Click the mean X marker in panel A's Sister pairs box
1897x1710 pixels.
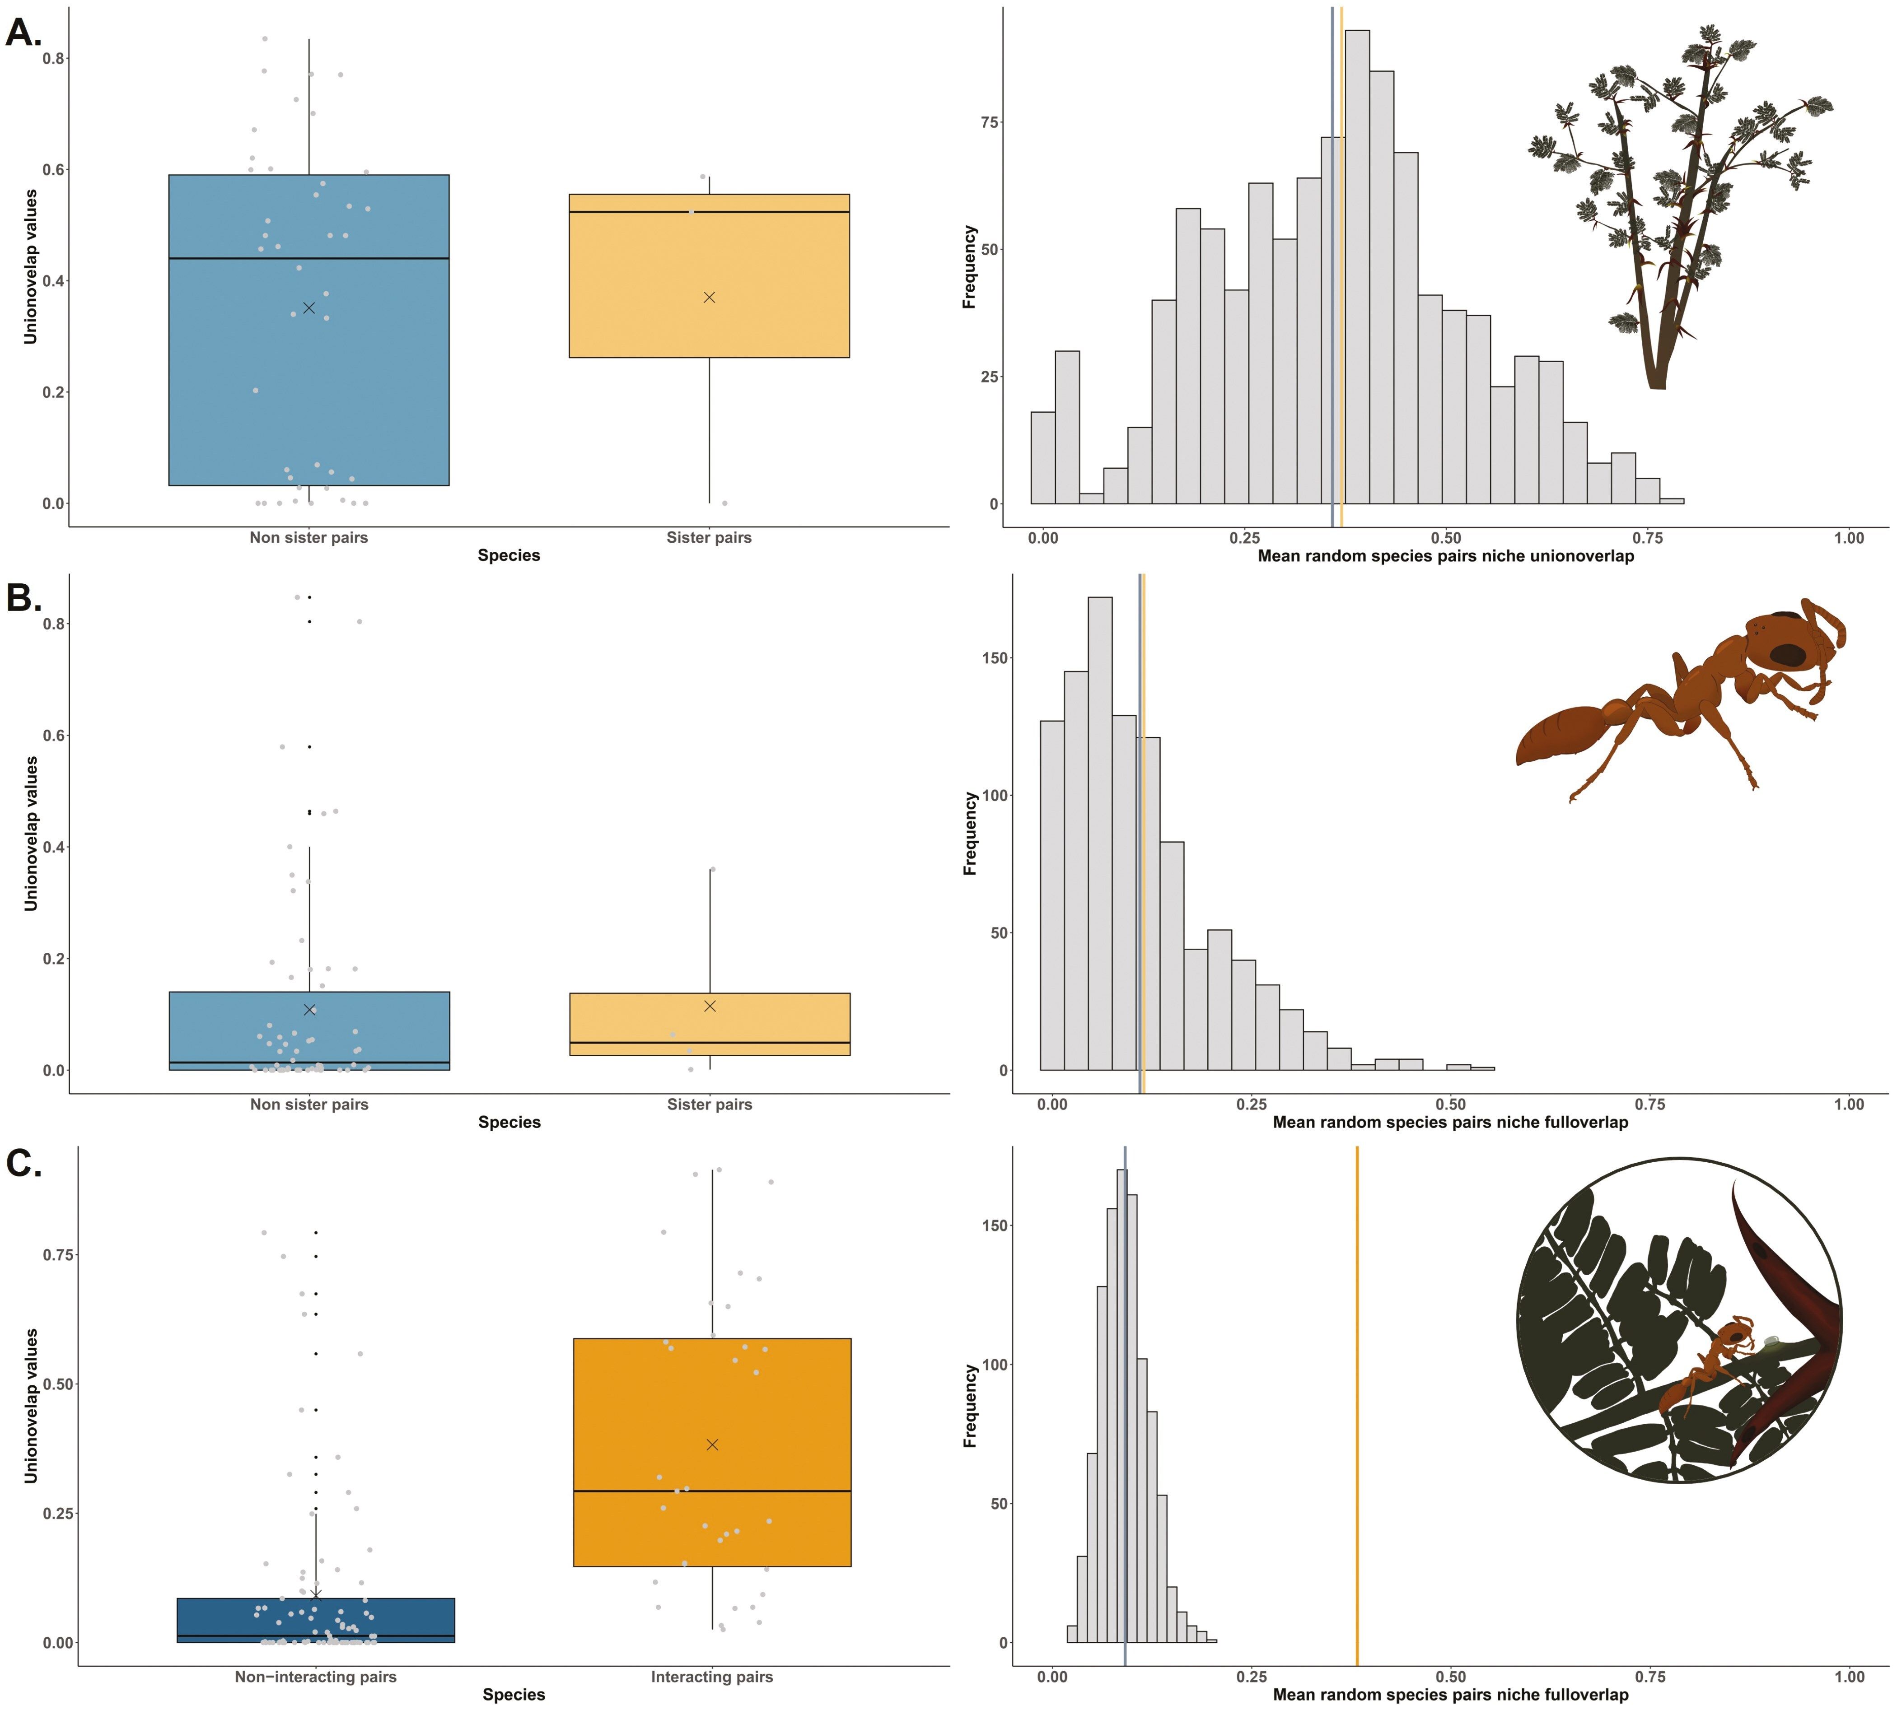[x=710, y=297]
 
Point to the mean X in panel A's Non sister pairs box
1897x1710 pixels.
[x=309, y=308]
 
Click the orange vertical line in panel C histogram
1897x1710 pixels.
[x=1357, y=1409]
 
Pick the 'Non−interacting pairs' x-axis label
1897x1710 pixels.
[x=316, y=1677]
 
